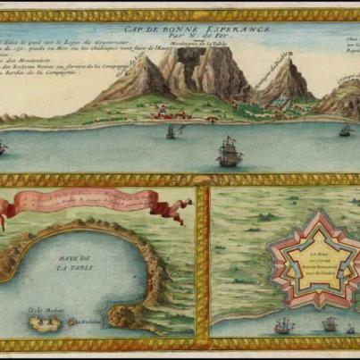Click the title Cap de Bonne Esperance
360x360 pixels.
click(182, 28)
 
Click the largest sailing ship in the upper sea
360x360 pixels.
click(230, 153)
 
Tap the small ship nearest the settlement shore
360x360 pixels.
click(170, 132)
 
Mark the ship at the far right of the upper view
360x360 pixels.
click(345, 130)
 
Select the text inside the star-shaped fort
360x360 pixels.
click(308, 266)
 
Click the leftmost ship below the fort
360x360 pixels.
click(284, 325)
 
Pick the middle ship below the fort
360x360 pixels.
click(331, 323)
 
